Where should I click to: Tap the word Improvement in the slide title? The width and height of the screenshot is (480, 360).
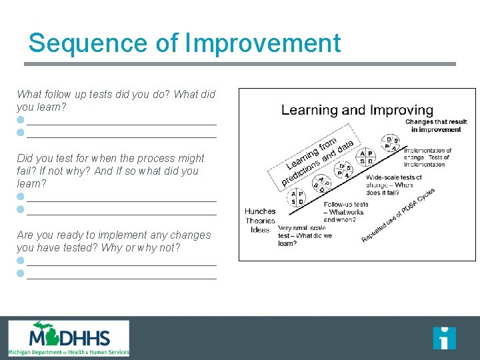click(263, 43)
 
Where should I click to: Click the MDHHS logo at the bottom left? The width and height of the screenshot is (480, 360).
click(69, 339)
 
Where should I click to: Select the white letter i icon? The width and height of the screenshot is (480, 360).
click(444, 338)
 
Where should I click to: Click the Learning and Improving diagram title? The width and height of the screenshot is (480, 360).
click(357, 110)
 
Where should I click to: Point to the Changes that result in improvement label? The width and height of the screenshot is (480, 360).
click(436, 126)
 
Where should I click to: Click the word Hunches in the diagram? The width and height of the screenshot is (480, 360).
click(260, 211)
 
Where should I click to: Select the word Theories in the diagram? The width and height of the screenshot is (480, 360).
click(260, 221)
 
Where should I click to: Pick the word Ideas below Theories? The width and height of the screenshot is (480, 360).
click(260, 230)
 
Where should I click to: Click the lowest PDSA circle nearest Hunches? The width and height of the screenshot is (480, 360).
click(297, 197)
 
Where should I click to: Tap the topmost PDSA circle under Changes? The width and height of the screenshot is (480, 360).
click(391, 143)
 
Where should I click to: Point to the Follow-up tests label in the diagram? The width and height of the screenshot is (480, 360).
click(345, 212)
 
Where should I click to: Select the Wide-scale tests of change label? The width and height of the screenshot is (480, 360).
click(393, 185)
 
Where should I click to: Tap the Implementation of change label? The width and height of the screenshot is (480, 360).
click(427, 157)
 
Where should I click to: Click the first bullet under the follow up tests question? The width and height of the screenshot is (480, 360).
click(21, 120)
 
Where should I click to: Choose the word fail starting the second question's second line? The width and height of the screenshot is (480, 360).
click(25, 171)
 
